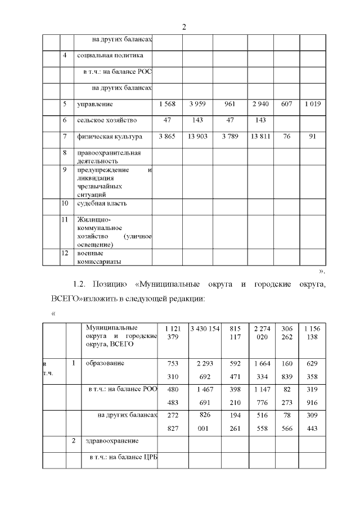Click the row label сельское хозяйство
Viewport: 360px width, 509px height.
(107, 120)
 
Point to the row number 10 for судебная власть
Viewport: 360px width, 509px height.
(65, 203)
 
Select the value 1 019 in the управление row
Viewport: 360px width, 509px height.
(312, 105)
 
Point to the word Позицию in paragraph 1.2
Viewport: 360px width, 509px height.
(111, 285)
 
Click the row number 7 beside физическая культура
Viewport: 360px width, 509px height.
(65, 137)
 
